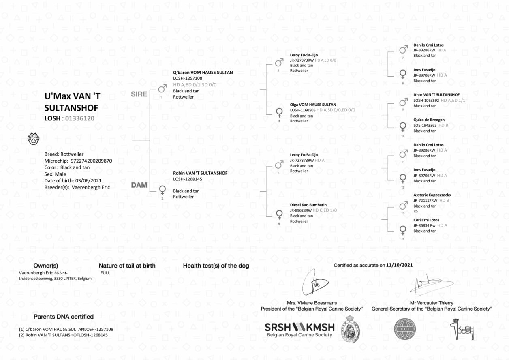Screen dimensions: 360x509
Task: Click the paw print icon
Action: pyautogui.click(x=33, y=139)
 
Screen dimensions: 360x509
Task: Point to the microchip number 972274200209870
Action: pyautogui.click(x=91, y=161)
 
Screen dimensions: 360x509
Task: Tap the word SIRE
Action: pyautogui.click(x=139, y=94)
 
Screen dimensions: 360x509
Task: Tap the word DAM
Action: pyautogui.click(x=139, y=185)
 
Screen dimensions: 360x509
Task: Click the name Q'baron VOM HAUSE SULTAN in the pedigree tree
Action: pyautogui.click(x=203, y=73)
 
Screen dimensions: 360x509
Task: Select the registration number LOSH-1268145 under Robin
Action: pyautogui.click(x=188, y=179)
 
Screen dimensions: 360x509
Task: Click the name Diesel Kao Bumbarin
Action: pyautogui.click(x=308, y=205)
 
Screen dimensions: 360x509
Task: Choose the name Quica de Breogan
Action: pyautogui.click(x=429, y=120)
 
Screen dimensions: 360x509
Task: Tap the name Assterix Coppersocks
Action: pyautogui.click(x=432, y=195)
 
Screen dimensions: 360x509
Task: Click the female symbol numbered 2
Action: pyautogui.click(x=163, y=190)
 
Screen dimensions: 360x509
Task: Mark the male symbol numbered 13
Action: pyautogui.click(x=403, y=206)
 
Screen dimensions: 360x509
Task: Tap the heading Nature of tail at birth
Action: pyautogui.click(x=127, y=266)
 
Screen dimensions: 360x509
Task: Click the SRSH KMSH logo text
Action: pyautogui.click(x=299, y=328)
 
